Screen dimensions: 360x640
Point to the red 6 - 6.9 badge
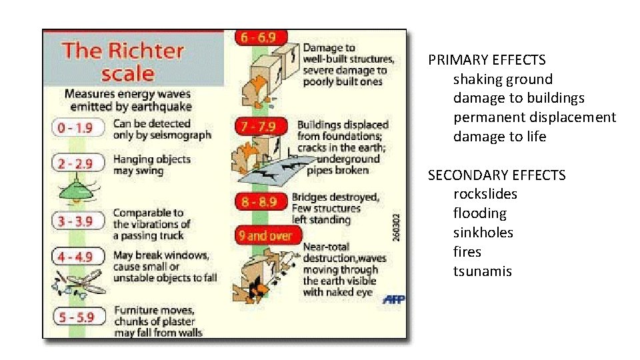(x=257, y=39)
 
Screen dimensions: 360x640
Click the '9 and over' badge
(x=265, y=235)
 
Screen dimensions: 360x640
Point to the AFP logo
(x=393, y=299)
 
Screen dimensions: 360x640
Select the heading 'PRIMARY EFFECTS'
(x=487, y=60)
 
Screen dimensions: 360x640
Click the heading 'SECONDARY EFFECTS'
(x=497, y=175)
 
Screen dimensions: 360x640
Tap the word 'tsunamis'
(x=483, y=271)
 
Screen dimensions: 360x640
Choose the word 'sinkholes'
(x=483, y=233)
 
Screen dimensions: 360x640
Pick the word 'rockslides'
(x=485, y=194)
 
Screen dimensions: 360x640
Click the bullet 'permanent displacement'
(x=535, y=117)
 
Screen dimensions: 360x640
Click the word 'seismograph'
(x=181, y=135)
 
